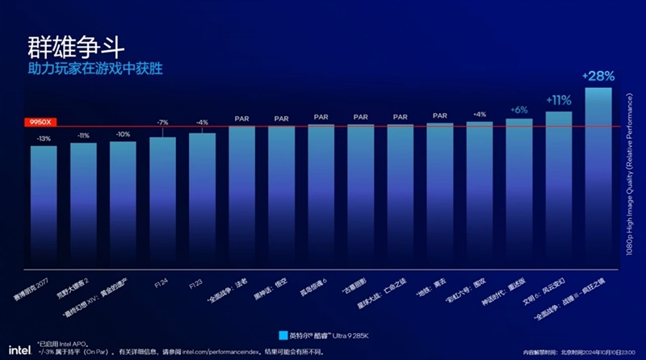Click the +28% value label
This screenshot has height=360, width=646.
pyautogui.click(x=598, y=76)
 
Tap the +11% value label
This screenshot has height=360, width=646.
pyautogui.click(x=559, y=100)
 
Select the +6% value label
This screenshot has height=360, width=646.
pyautogui.click(x=519, y=109)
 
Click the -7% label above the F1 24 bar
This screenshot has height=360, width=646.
pyautogui.click(x=162, y=122)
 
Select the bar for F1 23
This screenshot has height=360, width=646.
pyautogui.click(x=202, y=201)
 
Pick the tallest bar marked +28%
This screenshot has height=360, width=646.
pyautogui.click(x=598, y=178)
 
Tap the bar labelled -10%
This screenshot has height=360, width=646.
pyautogui.click(x=123, y=205)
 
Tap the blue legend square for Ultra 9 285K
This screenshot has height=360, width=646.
pyautogui.click(x=283, y=333)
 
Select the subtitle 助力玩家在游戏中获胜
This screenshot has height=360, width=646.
pyautogui.click(x=94, y=69)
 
